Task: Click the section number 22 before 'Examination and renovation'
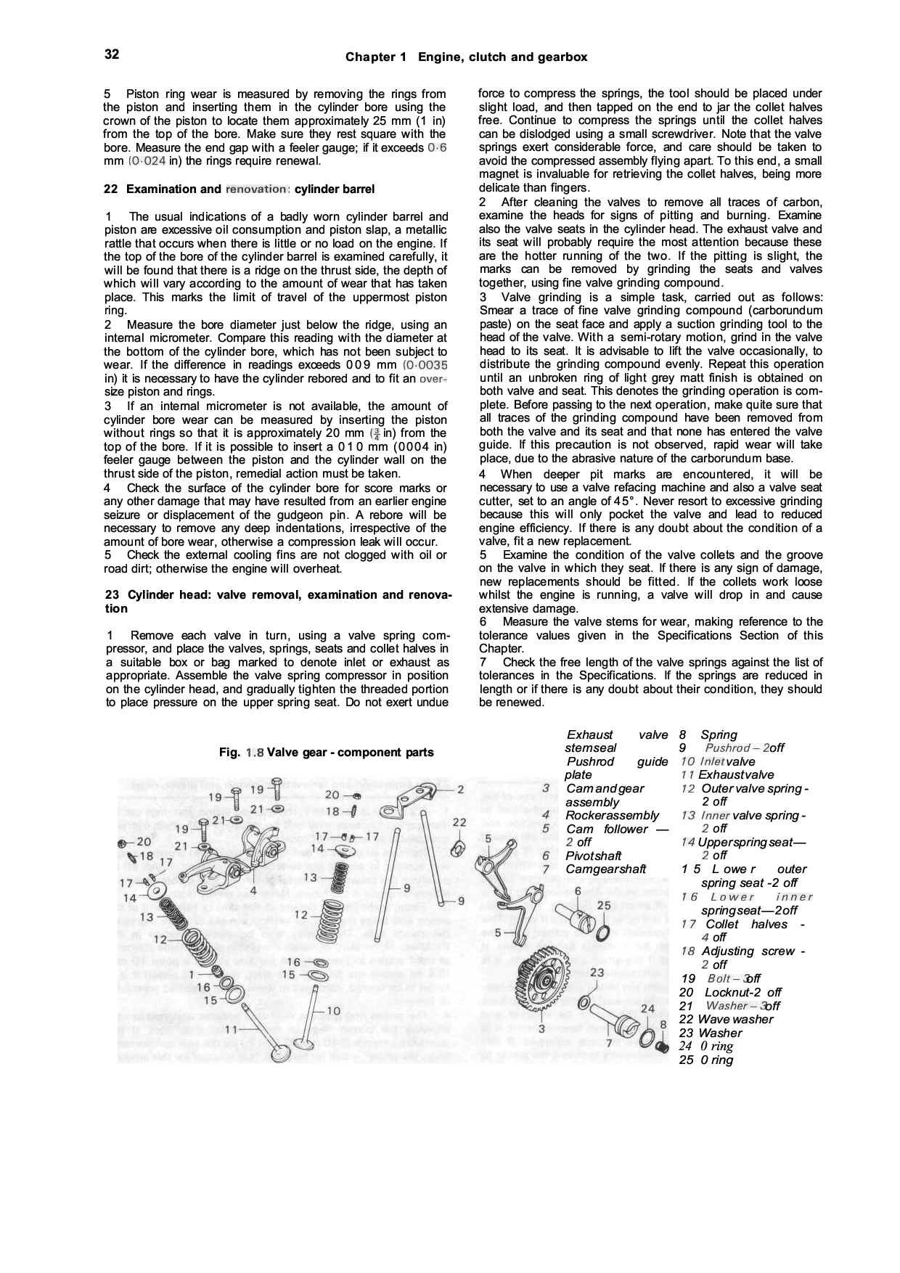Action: click(x=111, y=189)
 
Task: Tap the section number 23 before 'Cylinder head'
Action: click(x=112, y=595)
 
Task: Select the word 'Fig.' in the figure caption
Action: click(x=229, y=753)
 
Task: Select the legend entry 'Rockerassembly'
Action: click(x=612, y=815)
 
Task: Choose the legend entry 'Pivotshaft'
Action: click(x=593, y=856)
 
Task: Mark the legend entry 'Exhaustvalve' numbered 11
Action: click(x=735, y=774)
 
